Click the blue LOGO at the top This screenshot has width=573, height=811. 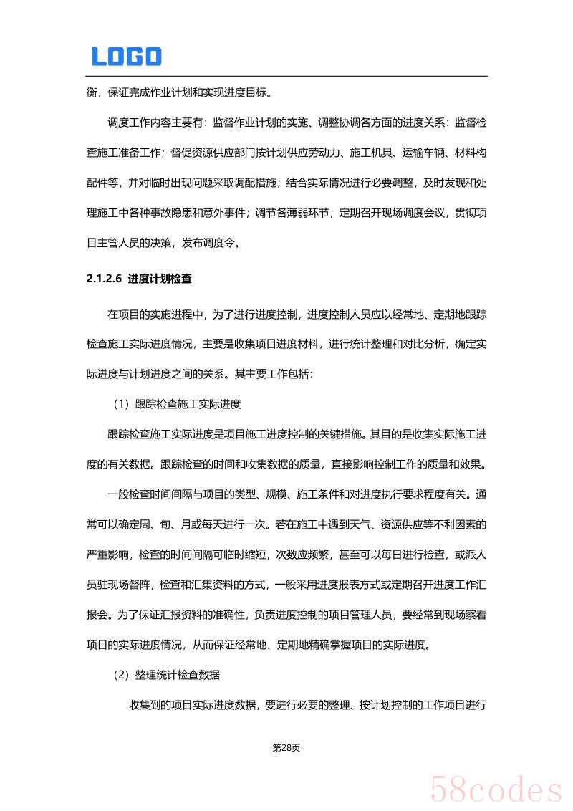tap(126, 57)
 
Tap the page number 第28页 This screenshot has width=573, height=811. tap(286, 747)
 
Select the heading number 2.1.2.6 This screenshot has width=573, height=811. tap(105, 279)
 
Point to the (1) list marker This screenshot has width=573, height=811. tap(120, 404)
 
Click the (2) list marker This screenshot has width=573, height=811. tap(120, 675)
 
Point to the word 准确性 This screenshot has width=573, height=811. tap(228, 614)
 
